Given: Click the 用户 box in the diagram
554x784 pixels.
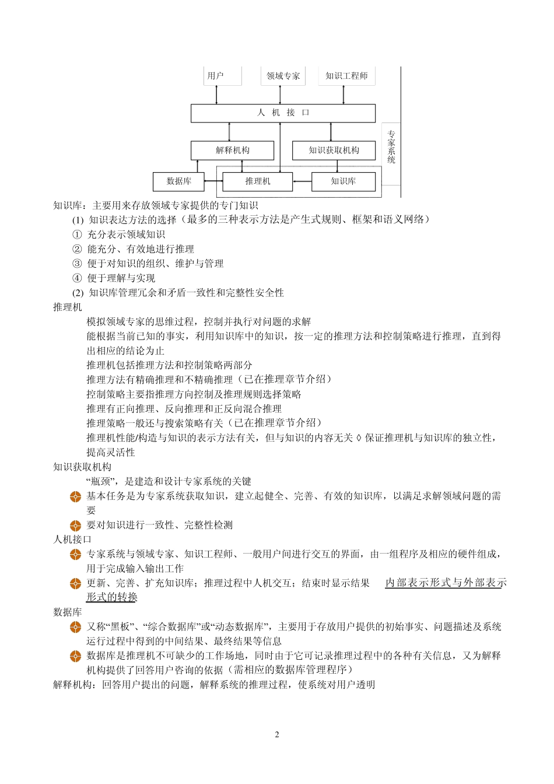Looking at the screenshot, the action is pyautogui.click(x=222, y=76).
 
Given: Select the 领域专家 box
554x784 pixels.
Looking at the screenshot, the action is pyautogui.click(x=283, y=76).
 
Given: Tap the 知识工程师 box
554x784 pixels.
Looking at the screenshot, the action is pyautogui.click(x=346, y=76).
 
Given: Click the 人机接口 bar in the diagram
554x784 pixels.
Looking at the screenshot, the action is pyautogui.click(x=283, y=113).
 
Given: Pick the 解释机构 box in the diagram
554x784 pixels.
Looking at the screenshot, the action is pyautogui.click(x=232, y=150).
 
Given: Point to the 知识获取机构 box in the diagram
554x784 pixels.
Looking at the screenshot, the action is pyautogui.click(x=334, y=150).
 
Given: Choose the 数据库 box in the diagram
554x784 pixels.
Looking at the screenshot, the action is pyautogui.click(x=178, y=181).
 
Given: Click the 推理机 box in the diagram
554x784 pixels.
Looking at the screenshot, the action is pyautogui.click(x=257, y=181).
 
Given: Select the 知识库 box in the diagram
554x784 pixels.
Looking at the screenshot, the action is pyautogui.click(x=343, y=181).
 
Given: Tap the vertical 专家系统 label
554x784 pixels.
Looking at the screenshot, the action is pyautogui.click(x=391, y=147).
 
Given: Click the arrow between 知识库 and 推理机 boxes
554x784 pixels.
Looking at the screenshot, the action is pyautogui.click(x=301, y=181).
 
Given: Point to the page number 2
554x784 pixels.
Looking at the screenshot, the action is pyautogui.click(x=277, y=734).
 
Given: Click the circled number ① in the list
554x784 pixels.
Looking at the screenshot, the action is pyautogui.click(x=77, y=235).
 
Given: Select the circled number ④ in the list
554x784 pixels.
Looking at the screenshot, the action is pyautogui.click(x=77, y=278).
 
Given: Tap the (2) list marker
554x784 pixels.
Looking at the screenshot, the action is pyautogui.click(x=78, y=293).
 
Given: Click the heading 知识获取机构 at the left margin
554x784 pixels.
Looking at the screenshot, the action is pyautogui.click(x=82, y=467).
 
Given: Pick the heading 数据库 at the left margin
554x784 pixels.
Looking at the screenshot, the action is pyautogui.click(x=67, y=612).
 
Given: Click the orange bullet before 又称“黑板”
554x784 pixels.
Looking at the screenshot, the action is pyautogui.click(x=75, y=627).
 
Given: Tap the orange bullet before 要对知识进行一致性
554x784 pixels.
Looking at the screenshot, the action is pyautogui.click(x=75, y=526).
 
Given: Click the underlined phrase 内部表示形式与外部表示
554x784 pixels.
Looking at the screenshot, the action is pyautogui.click(x=446, y=583).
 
